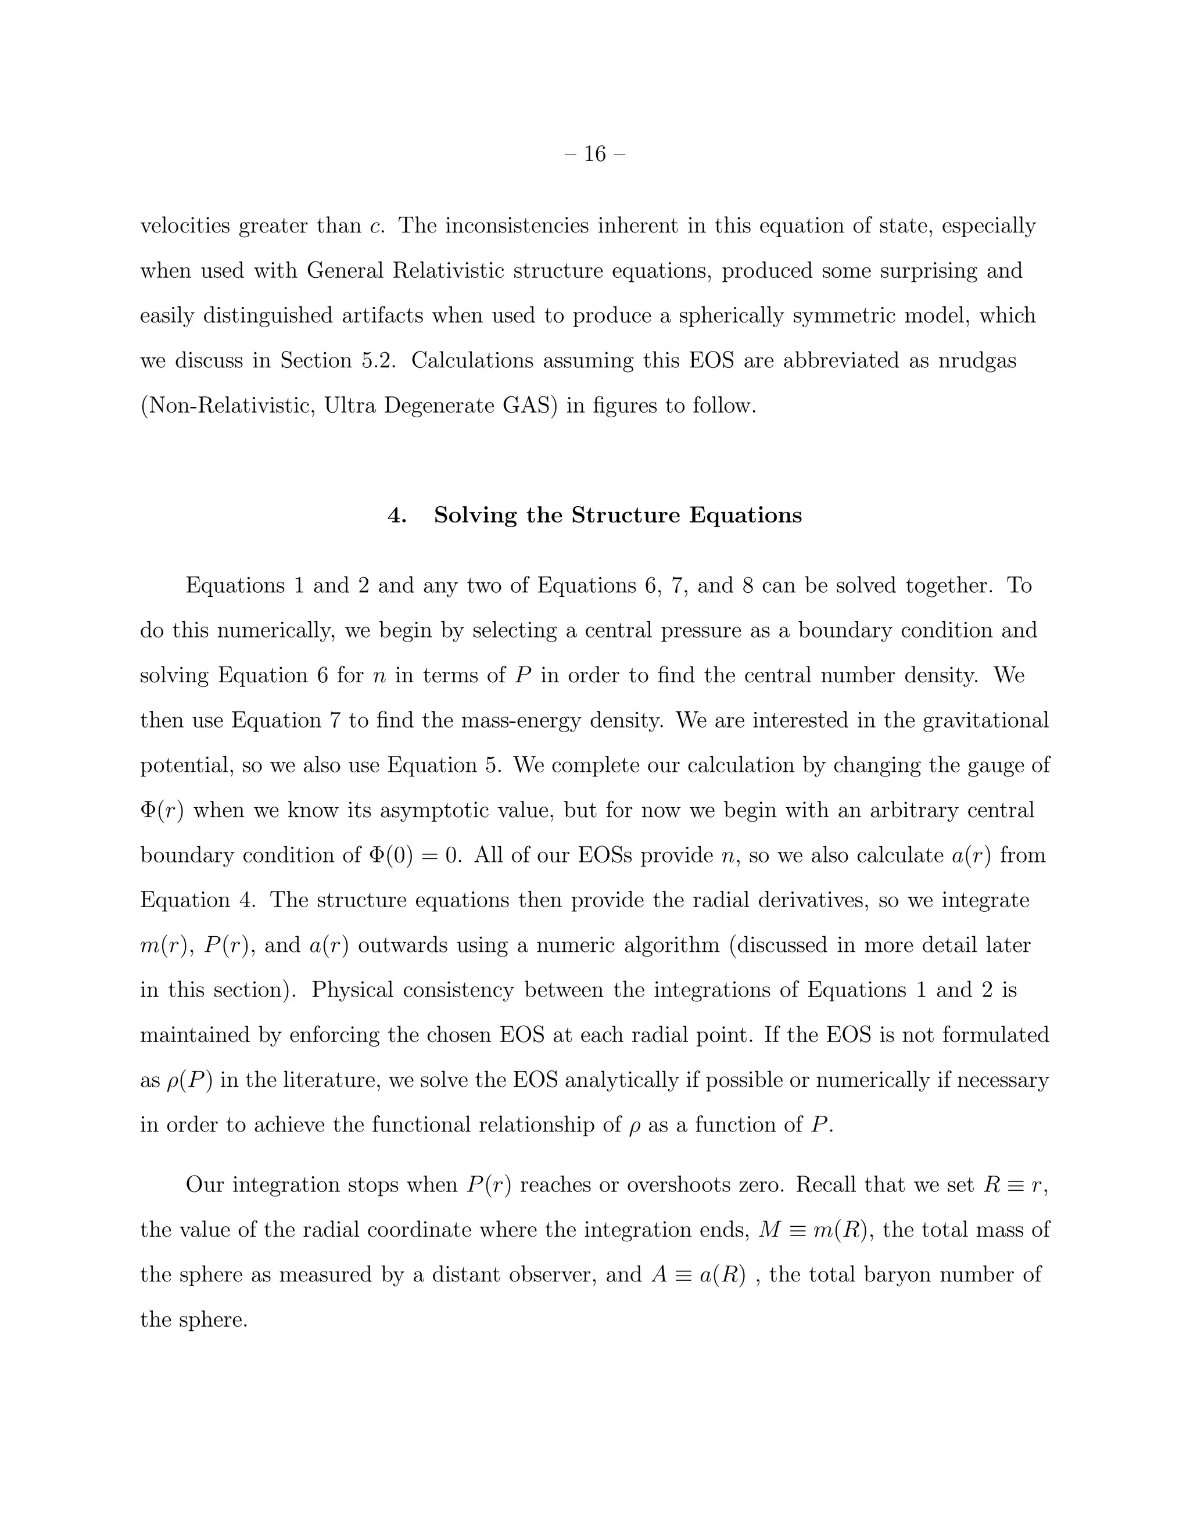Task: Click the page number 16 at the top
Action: [595, 154]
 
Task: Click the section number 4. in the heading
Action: [397, 515]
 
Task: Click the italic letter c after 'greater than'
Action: [377, 226]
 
